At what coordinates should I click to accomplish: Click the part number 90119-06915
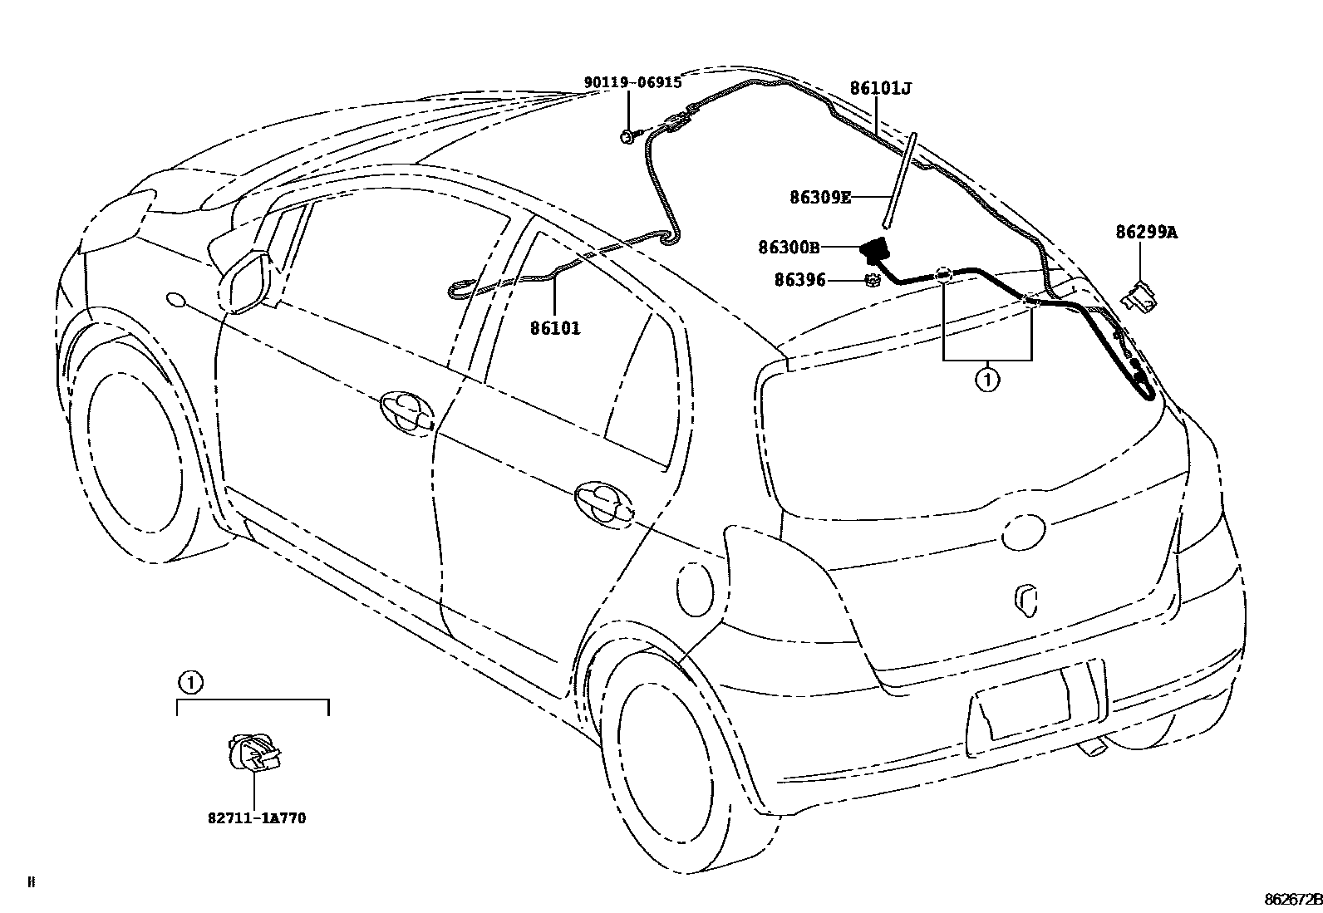point(632,82)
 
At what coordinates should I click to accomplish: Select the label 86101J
point(880,88)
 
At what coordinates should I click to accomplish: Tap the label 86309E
point(819,198)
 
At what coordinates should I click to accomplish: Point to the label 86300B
point(789,247)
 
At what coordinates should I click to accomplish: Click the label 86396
point(799,281)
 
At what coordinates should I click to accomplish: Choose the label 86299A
point(1146,233)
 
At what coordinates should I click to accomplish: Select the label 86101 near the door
point(555,328)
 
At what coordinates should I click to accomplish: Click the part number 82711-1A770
point(257,818)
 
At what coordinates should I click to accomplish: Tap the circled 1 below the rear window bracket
point(987,380)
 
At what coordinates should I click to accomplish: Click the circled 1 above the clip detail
point(190,683)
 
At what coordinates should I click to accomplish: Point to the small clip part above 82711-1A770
point(253,753)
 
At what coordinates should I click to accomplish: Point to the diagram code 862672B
point(1292,900)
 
